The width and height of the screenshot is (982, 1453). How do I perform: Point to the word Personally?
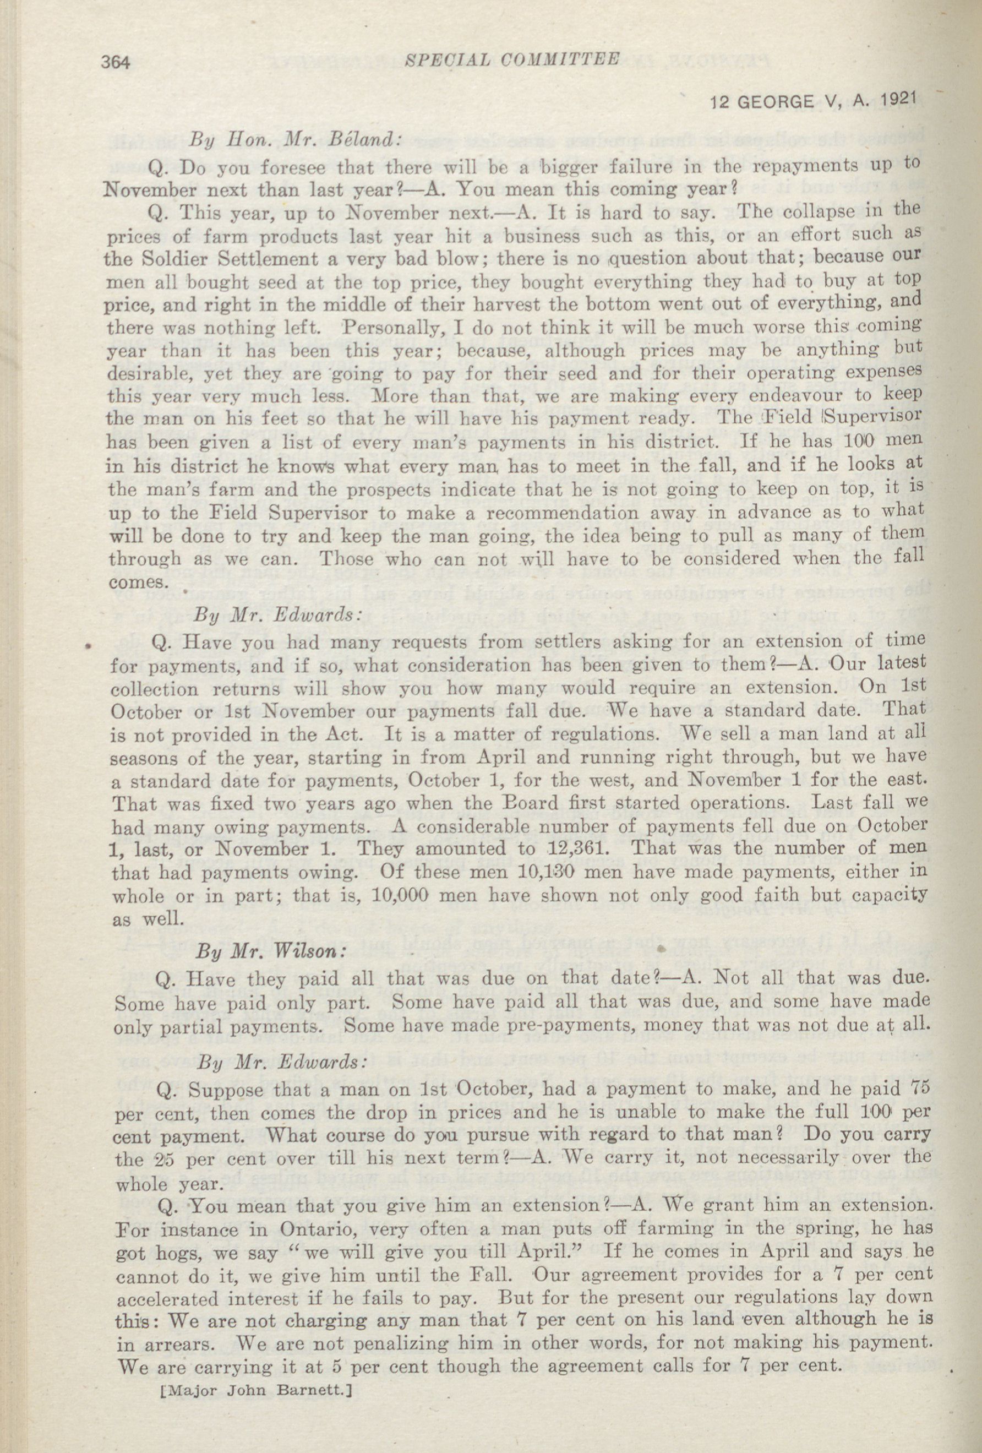394,328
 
